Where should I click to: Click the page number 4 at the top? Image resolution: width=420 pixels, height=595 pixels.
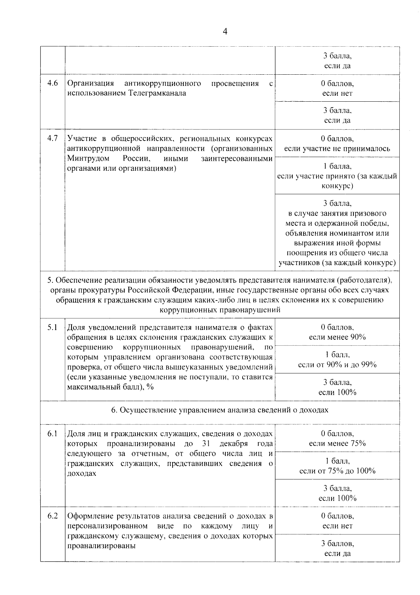point(225,32)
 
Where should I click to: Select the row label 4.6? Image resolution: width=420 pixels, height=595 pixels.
point(52,83)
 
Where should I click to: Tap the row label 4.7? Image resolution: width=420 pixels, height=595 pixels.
point(52,138)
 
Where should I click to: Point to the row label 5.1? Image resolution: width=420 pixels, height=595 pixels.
point(52,327)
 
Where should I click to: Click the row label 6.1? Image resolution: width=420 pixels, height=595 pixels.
point(52,434)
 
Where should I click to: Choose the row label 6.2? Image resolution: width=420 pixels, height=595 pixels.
point(52,516)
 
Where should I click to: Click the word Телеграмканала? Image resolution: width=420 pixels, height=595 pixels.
point(157,93)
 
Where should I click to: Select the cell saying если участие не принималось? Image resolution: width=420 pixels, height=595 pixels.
point(337,148)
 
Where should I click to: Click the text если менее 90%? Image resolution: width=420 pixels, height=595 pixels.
point(337,337)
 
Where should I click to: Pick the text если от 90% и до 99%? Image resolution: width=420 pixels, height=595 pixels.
point(337,365)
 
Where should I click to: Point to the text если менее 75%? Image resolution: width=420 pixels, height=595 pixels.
point(337,443)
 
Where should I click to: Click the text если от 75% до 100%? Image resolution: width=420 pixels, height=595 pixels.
point(337,471)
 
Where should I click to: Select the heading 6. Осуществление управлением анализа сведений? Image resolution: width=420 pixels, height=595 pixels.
point(220,410)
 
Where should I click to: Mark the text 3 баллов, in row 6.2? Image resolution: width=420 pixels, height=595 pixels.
point(337,543)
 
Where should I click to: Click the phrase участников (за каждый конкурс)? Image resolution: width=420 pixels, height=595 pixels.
point(337,263)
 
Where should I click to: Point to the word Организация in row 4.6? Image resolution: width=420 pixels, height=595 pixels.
point(91,83)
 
